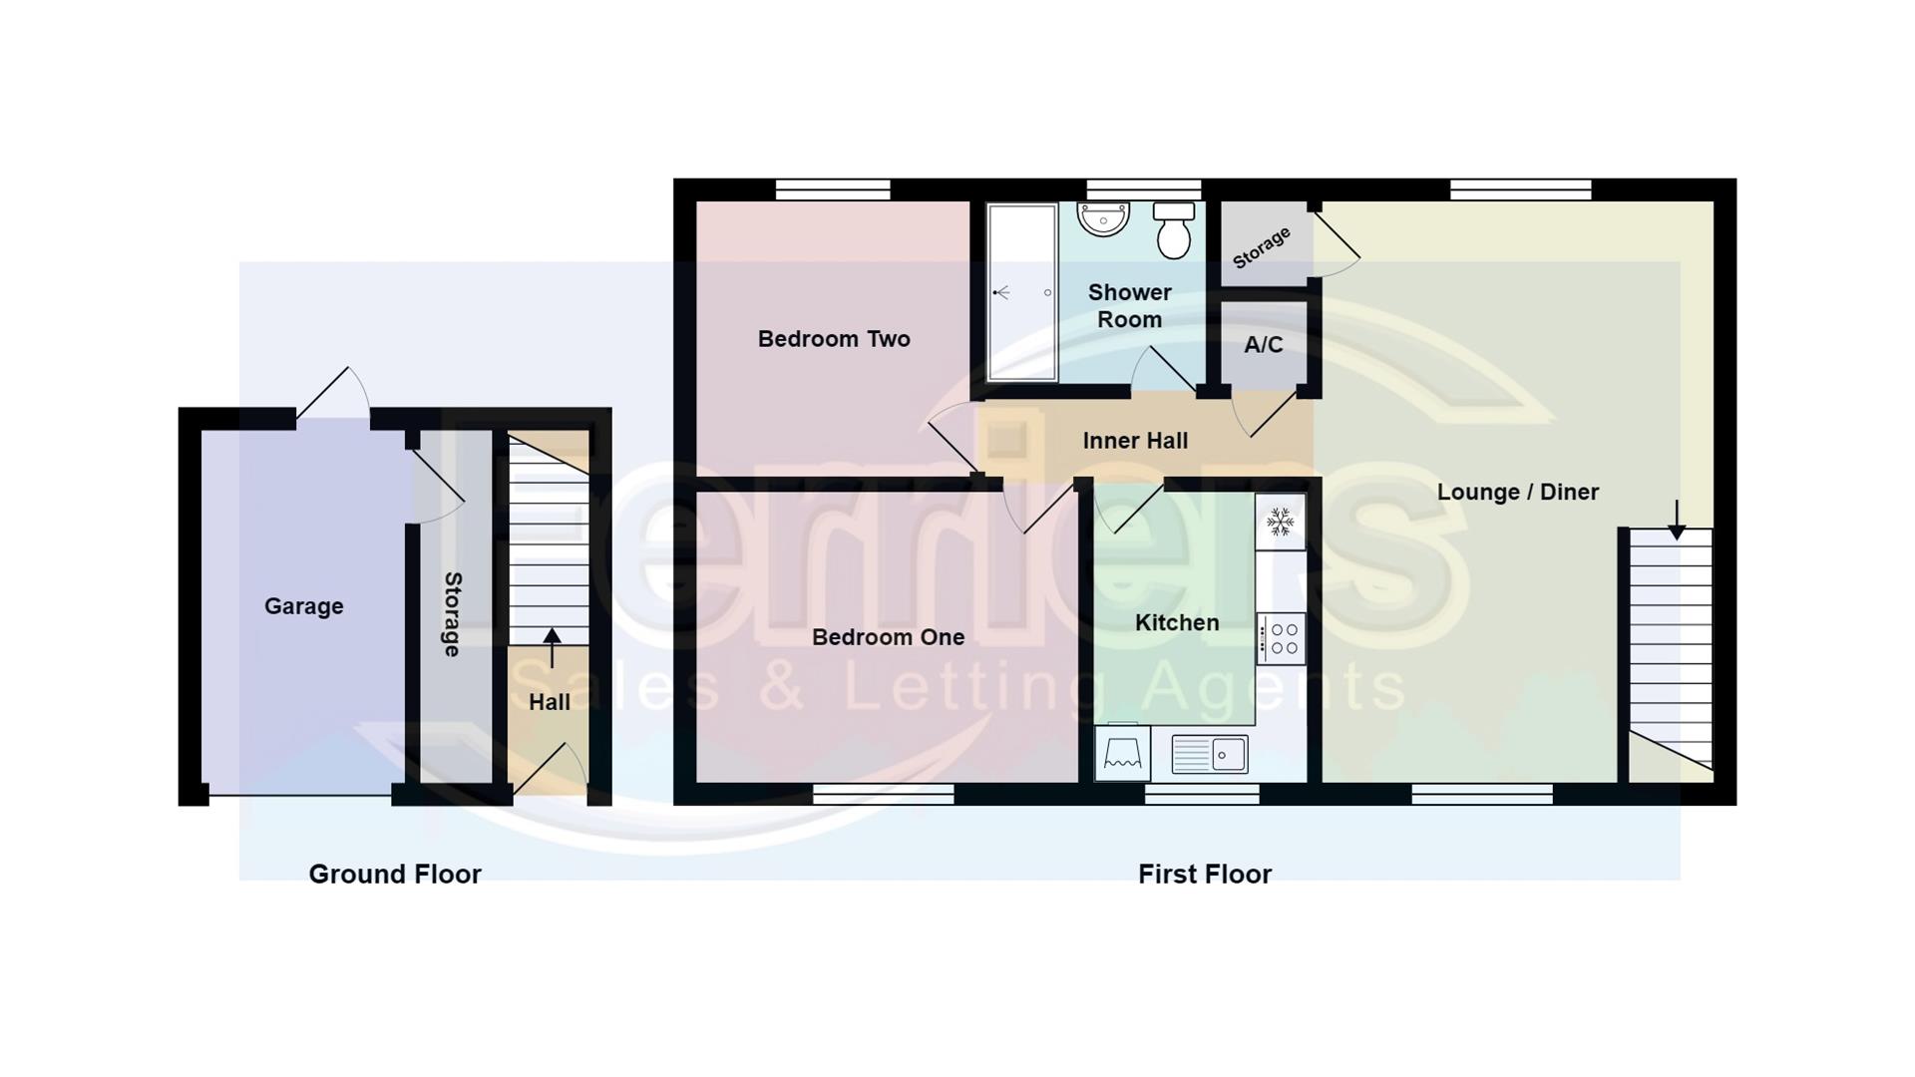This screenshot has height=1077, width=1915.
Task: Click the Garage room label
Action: pyautogui.click(x=303, y=606)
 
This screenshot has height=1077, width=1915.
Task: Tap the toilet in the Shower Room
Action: pyautogui.click(x=1174, y=230)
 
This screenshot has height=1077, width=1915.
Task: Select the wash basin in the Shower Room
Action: pyautogui.click(x=1103, y=218)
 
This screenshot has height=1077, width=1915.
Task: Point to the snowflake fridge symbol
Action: pyautogui.click(x=1280, y=522)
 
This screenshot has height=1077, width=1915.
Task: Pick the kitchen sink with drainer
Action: pyautogui.click(x=1209, y=754)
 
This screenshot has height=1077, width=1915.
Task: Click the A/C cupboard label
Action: pyautogui.click(x=1263, y=345)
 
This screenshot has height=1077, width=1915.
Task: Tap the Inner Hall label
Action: pyautogui.click(x=1135, y=441)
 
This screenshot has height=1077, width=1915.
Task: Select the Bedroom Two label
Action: pyautogui.click(x=834, y=339)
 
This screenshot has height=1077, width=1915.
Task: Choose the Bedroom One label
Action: pyautogui.click(x=888, y=637)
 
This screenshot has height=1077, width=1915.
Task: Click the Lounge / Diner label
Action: pyautogui.click(x=1517, y=492)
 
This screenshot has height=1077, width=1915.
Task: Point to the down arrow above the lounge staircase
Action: pyautogui.click(x=1677, y=520)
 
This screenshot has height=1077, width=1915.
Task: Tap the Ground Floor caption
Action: pyautogui.click(x=395, y=875)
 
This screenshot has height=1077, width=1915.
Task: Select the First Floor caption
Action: pyautogui.click(x=1204, y=875)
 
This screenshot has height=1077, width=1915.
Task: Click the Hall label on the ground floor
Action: pyautogui.click(x=549, y=702)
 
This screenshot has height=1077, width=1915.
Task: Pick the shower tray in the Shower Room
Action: pyautogui.click(x=1022, y=292)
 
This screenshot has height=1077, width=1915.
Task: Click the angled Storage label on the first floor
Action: pyautogui.click(x=1261, y=247)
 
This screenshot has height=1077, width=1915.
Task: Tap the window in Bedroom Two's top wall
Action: pyautogui.click(x=833, y=189)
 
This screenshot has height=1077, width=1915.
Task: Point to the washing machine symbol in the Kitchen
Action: pyautogui.click(x=1122, y=753)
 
